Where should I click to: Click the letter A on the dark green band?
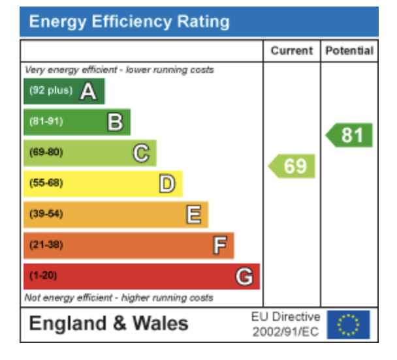pyautogui.click(x=88, y=93)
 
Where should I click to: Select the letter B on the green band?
pyautogui.click(x=115, y=122)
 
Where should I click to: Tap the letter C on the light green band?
pyautogui.click(x=141, y=153)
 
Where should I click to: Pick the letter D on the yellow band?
pyautogui.click(x=167, y=184)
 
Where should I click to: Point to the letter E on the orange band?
pyautogui.click(x=193, y=215)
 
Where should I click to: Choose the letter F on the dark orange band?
pyautogui.click(x=219, y=245)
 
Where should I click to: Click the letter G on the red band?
pyautogui.click(x=244, y=277)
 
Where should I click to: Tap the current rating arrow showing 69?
pyautogui.click(x=293, y=166)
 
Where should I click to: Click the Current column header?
pyautogui.click(x=291, y=51)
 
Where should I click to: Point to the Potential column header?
pyautogui.click(x=349, y=51)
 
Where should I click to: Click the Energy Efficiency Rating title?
pyautogui.click(x=129, y=22)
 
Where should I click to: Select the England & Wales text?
pyautogui.click(x=109, y=323)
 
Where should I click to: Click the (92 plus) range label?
pyautogui.click(x=51, y=91)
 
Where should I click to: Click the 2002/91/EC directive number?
pyautogui.click(x=286, y=332)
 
